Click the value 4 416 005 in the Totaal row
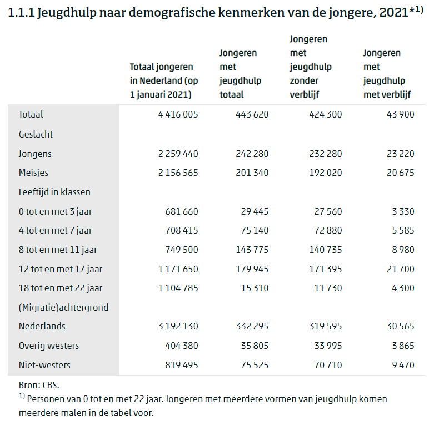click(x=178, y=114)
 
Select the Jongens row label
click(x=35, y=154)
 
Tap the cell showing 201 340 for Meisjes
click(x=252, y=173)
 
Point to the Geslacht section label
click(x=36, y=134)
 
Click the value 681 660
click(x=182, y=211)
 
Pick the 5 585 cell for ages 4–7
click(x=403, y=230)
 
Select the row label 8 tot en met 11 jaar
click(x=58, y=250)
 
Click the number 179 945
click(x=252, y=269)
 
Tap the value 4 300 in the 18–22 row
click(x=403, y=288)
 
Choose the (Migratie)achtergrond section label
click(x=63, y=307)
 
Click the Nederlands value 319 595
click(x=326, y=326)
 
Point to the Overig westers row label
click(x=49, y=346)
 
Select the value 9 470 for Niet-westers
click(x=403, y=365)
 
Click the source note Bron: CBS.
click(x=39, y=385)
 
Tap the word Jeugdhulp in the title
click(x=67, y=13)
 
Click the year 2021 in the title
click(x=394, y=12)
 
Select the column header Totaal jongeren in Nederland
click(x=164, y=80)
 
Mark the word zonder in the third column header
click(x=304, y=80)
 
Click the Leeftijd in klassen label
click(x=54, y=192)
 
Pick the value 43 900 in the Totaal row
click(x=400, y=114)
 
